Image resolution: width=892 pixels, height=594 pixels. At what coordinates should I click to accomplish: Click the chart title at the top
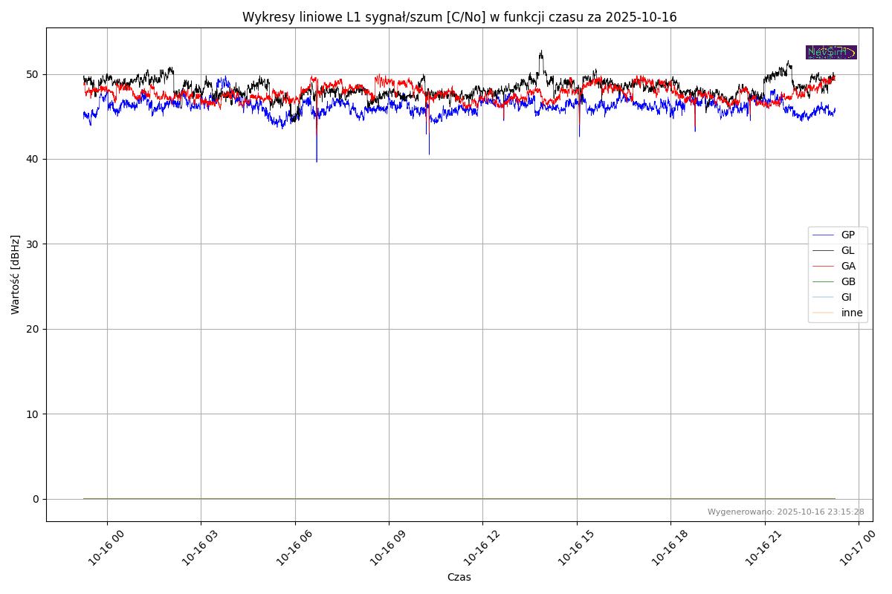pyautogui.click(x=459, y=17)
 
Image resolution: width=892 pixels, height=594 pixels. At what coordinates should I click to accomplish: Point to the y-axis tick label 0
pyautogui.click(x=35, y=499)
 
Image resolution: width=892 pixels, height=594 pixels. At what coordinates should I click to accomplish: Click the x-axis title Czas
pyautogui.click(x=459, y=577)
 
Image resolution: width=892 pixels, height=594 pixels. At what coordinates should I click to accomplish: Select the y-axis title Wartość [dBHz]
pyautogui.click(x=16, y=274)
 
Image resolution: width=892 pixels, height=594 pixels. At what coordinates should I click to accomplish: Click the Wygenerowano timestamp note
pyautogui.click(x=785, y=512)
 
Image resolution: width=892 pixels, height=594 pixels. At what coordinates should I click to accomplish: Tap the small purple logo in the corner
pyautogui.click(x=831, y=52)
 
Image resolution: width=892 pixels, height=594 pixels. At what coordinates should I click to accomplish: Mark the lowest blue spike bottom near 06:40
pyautogui.click(x=317, y=161)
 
